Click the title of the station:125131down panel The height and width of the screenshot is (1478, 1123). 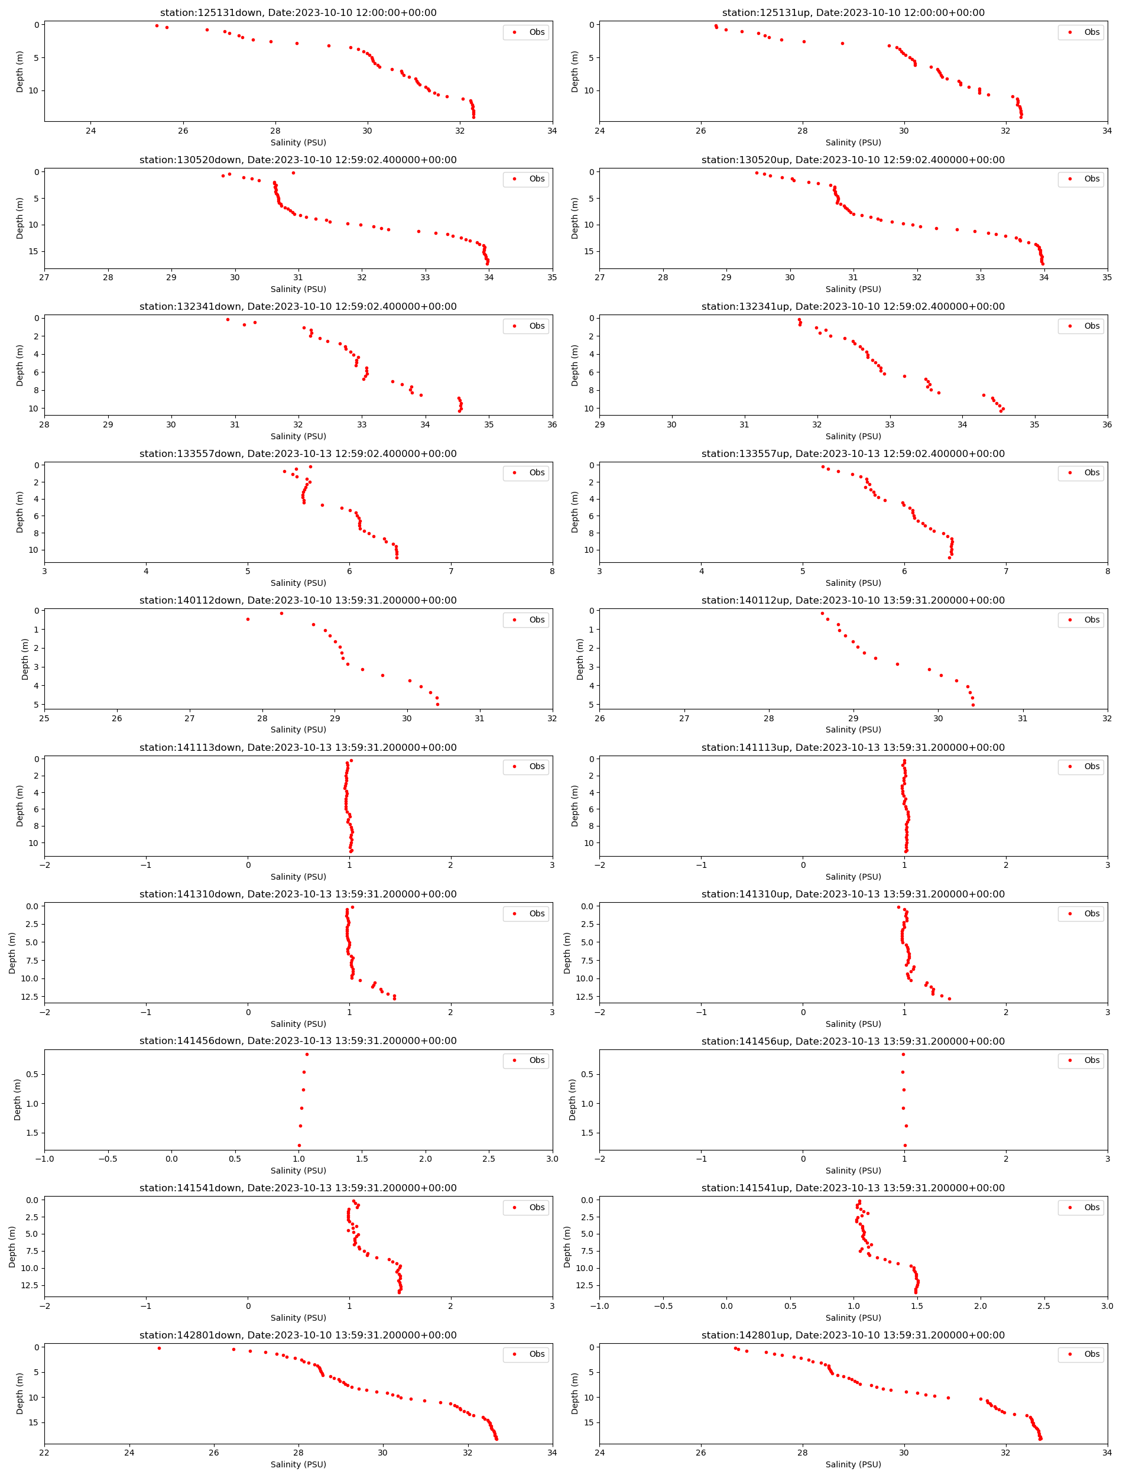pos(298,12)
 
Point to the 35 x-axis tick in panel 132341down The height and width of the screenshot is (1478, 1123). pos(489,424)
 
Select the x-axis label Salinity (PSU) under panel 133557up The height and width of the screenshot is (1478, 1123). pos(853,583)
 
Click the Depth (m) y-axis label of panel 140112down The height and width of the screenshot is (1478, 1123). pos(25,659)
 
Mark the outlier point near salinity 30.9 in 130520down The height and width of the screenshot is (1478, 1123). pos(293,173)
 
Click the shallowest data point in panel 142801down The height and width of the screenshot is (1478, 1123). pos(159,1349)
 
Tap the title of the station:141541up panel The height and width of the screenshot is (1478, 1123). pos(853,1188)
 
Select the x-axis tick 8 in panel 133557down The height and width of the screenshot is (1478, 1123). pos(552,572)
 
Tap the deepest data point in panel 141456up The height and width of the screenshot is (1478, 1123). pos(905,1145)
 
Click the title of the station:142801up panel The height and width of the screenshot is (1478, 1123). pos(853,1335)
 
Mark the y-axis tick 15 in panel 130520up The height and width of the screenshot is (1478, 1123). pos(589,251)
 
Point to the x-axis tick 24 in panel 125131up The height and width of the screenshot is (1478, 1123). pos(599,131)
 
